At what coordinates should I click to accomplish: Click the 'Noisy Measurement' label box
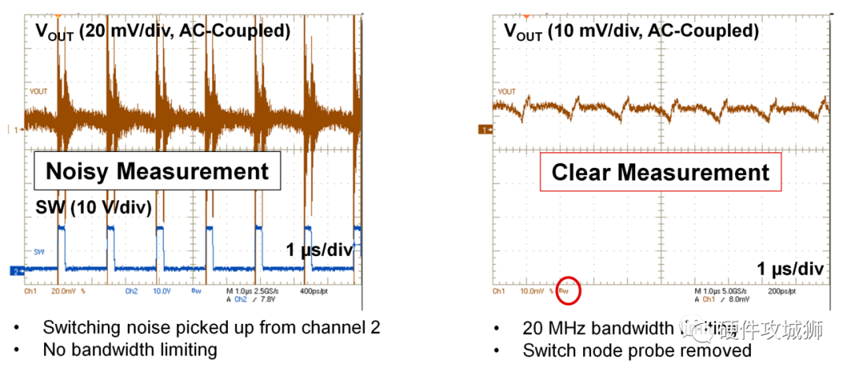pyautogui.click(x=157, y=172)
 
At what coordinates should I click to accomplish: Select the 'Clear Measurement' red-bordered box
pyautogui.click(x=660, y=173)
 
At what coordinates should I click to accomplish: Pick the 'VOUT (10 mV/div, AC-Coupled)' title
pyautogui.click(x=631, y=32)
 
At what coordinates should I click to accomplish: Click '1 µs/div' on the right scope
pyautogui.click(x=790, y=269)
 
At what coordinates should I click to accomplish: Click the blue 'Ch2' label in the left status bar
pyautogui.click(x=132, y=291)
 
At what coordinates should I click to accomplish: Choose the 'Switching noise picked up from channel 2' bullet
pyautogui.click(x=211, y=327)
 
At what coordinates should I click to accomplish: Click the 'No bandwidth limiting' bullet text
pyautogui.click(x=129, y=348)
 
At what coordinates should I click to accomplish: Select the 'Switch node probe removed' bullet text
pyautogui.click(x=637, y=349)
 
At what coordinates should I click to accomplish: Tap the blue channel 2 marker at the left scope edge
pyautogui.click(x=15, y=270)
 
